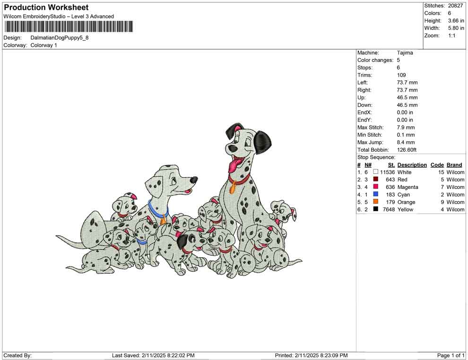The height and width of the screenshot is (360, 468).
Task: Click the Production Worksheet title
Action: coord(46,7)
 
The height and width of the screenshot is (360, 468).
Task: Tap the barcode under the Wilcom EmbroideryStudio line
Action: coord(69,26)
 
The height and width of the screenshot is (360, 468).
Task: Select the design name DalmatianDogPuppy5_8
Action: coord(60,38)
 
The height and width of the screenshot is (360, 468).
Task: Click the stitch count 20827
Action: coord(455,6)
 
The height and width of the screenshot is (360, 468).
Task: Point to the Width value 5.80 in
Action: coord(456,28)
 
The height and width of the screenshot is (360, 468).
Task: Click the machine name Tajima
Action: coord(405,53)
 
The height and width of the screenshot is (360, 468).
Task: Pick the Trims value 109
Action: coord(401,75)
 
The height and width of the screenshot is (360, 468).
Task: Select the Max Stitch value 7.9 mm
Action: coord(406,128)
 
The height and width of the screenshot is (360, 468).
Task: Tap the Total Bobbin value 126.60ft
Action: coord(407,150)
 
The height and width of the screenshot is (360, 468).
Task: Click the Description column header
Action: coord(412,165)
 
